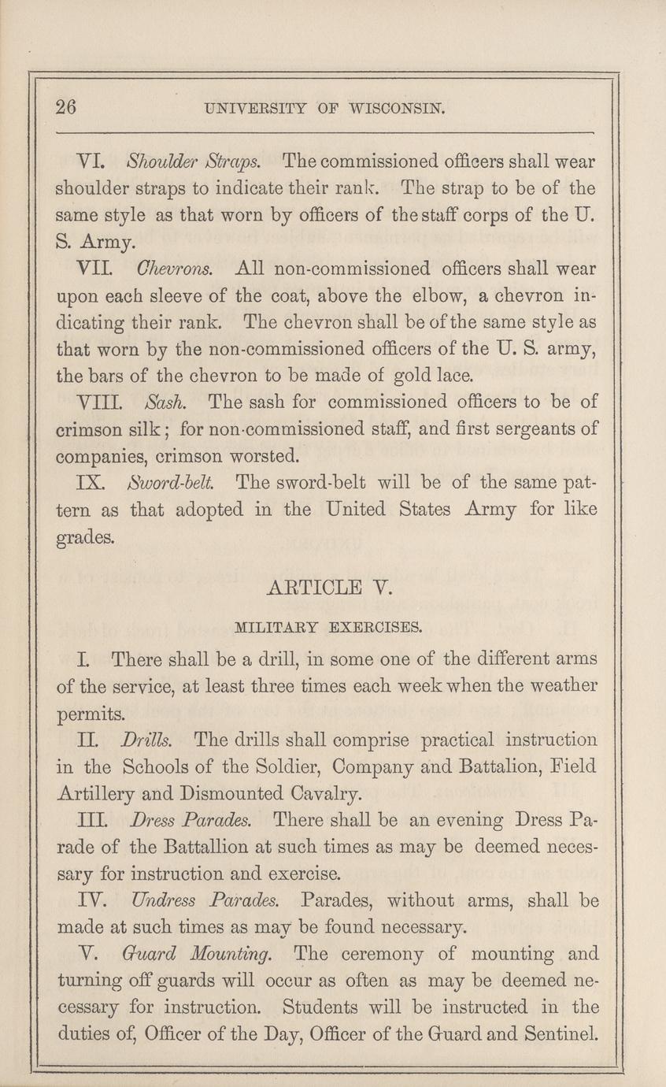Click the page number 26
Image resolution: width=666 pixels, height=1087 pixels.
(66, 109)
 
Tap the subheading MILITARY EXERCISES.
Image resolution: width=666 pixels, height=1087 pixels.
(329, 629)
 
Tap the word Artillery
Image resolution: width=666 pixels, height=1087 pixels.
(98, 793)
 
